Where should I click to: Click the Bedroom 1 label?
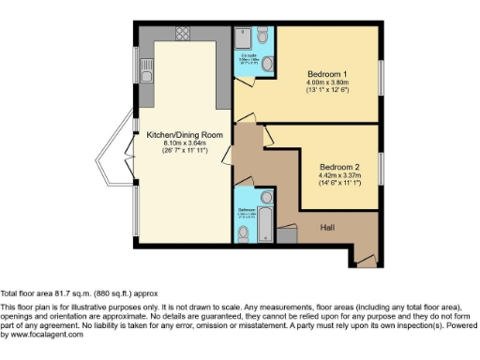pos(333,73)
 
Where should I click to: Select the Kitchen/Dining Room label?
pos(184,134)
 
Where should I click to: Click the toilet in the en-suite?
pos(262,36)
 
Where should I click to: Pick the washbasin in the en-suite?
pos(268,64)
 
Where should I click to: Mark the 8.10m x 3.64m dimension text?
pos(184,143)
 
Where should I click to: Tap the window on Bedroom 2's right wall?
pos(382,169)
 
